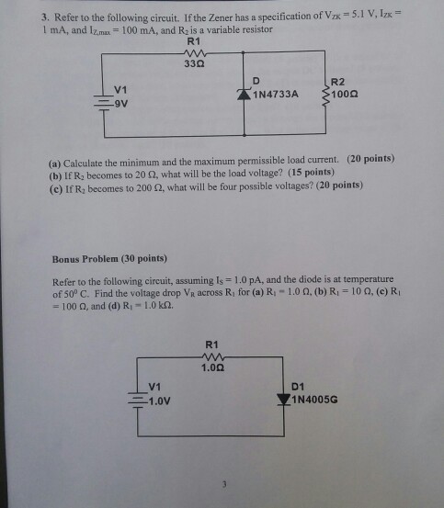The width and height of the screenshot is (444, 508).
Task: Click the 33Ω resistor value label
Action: [x=194, y=63]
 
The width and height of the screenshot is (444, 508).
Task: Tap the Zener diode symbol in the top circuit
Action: [x=244, y=94]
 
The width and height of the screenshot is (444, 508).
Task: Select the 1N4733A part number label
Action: [x=276, y=95]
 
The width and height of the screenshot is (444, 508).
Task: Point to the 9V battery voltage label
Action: [x=121, y=104]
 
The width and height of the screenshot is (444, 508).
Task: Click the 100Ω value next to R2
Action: [x=344, y=95]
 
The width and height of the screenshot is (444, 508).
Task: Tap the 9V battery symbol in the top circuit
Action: [x=104, y=103]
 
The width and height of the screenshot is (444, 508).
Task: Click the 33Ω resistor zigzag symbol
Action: [x=195, y=52]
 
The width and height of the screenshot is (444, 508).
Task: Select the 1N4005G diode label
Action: [x=314, y=400]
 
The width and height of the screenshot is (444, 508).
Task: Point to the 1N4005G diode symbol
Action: [x=284, y=400]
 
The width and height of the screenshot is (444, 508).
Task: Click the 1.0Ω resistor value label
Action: [x=212, y=367]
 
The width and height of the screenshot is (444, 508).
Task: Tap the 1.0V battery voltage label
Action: [x=159, y=401]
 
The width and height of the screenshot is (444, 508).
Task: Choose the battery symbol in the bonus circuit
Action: [x=138, y=400]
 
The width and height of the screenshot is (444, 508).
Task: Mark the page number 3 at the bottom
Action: [x=224, y=484]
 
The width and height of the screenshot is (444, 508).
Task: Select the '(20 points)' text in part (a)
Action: [x=370, y=158]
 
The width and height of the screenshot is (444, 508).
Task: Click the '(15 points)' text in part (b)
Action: [x=311, y=172]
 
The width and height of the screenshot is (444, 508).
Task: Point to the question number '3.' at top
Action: [x=45, y=17]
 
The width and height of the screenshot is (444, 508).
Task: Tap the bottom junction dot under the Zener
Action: [x=244, y=135]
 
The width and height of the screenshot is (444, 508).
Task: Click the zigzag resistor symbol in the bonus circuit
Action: [x=213, y=357]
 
